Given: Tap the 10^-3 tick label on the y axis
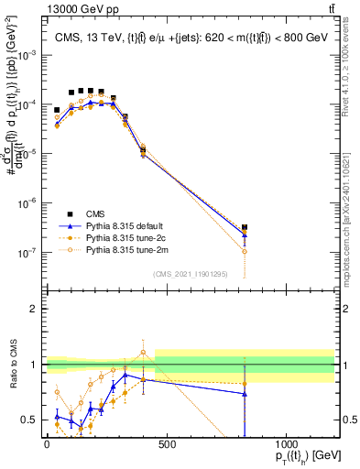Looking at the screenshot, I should click(x=30, y=55).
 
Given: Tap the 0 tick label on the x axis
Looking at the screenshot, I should click(x=47, y=444).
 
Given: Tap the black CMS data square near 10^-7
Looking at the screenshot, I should click(x=245, y=227).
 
